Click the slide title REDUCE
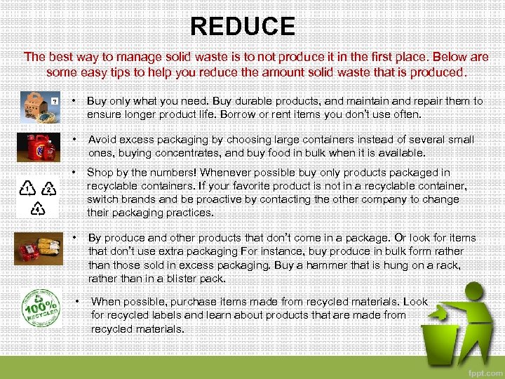click(243, 27)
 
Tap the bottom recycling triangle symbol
click(38, 208)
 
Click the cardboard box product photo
click(39, 107)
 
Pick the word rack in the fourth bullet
click(448, 265)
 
